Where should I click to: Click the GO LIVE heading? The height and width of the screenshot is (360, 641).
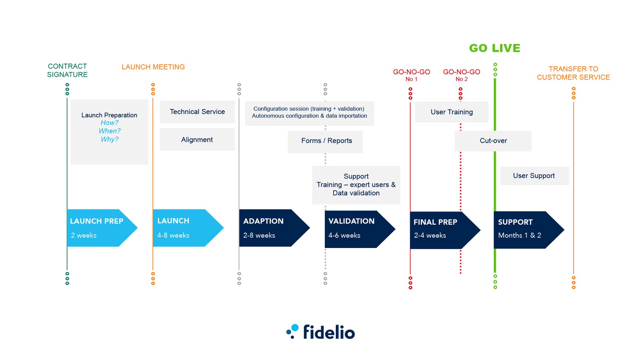495,48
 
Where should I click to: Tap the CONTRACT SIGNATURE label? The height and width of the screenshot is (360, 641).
67,70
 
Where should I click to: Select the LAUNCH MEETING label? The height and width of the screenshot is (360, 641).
153,67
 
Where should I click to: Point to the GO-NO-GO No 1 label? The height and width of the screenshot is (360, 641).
411,75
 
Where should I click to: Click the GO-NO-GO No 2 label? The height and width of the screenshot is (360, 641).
462,75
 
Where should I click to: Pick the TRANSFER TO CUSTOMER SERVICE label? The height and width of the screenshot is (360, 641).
573,73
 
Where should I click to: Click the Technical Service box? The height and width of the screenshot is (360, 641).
197,112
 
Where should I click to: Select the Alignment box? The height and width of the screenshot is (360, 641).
197,140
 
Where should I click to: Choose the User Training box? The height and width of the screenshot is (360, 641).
451,112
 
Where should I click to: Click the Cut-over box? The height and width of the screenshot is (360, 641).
493,141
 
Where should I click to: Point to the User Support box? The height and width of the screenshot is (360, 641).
534,176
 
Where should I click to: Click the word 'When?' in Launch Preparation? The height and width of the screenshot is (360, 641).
109,131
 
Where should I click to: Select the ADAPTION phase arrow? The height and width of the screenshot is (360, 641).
270,228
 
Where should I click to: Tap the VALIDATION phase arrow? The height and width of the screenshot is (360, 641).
355,229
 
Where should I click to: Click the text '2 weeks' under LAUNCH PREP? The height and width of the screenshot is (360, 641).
84,235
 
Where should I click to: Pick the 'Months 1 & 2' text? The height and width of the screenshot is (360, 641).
519,235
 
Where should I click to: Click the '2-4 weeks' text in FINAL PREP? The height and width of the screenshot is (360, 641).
430,235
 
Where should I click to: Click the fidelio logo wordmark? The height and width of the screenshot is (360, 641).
328,332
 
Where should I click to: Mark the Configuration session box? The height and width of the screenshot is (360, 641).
309,112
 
